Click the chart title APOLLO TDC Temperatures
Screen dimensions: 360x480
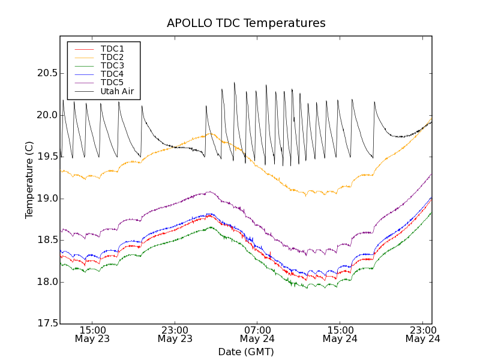coord(246,23)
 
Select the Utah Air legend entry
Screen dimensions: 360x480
coord(117,92)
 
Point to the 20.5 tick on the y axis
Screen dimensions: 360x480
coord(46,73)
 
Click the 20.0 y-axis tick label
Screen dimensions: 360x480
coord(46,115)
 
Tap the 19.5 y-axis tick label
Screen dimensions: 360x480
coord(46,157)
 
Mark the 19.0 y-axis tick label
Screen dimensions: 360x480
coord(46,199)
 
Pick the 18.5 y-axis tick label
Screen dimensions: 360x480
coord(46,240)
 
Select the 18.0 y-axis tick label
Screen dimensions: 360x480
coord(46,282)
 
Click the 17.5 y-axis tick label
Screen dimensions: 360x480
coord(46,323)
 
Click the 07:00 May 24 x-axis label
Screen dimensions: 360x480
coord(257,334)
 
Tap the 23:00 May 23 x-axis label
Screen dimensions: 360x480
coord(175,334)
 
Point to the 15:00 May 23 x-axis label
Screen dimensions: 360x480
coord(92,334)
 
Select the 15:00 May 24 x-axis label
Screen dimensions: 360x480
coord(340,334)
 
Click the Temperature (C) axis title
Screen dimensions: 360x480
coord(29,180)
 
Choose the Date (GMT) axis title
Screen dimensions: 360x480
coord(246,352)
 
